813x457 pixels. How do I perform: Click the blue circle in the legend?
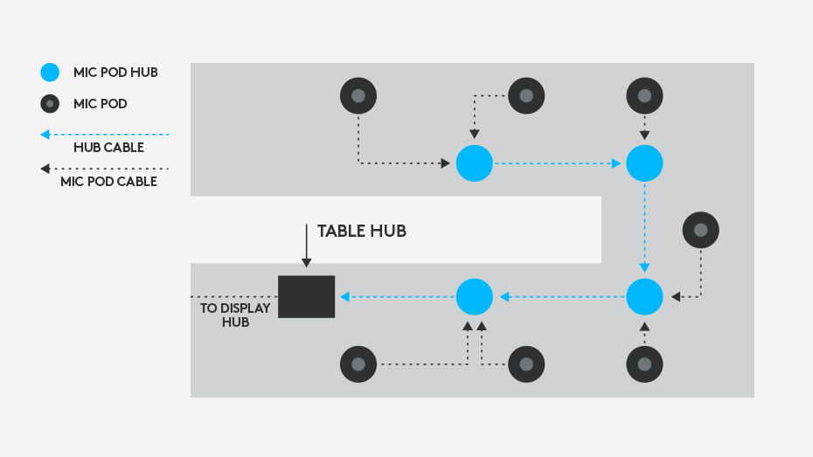(x=51, y=73)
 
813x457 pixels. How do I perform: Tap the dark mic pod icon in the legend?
(x=51, y=103)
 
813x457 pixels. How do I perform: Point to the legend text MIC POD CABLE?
(x=108, y=182)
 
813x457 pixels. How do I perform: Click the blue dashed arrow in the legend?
(x=105, y=134)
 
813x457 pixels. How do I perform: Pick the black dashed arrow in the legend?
(x=105, y=169)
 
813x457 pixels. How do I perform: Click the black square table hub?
(x=306, y=296)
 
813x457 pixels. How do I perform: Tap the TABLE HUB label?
(x=361, y=231)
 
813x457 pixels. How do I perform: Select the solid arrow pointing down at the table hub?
(x=306, y=245)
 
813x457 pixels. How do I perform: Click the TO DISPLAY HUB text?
(x=225, y=315)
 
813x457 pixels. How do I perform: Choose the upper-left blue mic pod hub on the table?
(x=475, y=163)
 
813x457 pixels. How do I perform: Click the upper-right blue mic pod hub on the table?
(x=644, y=163)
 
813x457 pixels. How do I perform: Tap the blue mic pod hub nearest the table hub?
(x=475, y=297)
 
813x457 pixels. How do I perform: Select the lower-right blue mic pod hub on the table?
(x=644, y=297)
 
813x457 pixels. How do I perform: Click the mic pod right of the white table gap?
(x=700, y=230)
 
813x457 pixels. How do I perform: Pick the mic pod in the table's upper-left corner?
(x=358, y=95)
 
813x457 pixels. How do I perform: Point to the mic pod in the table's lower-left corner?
(x=358, y=364)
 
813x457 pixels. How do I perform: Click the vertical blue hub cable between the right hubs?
(x=644, y=227)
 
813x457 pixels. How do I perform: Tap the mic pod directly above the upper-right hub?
(x=644, y=95)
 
